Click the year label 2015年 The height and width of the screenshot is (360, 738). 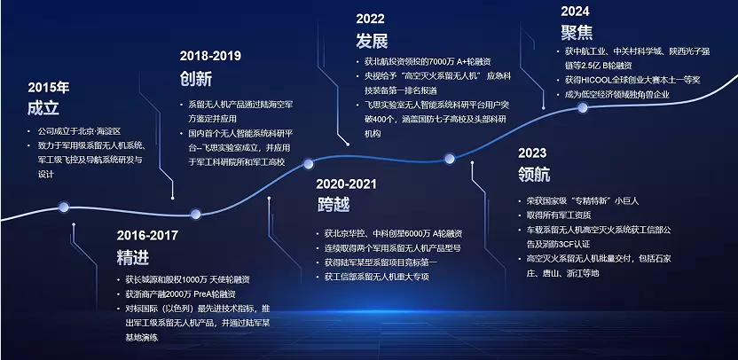coord(49,88)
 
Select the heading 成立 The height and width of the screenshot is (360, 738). coord(43,108)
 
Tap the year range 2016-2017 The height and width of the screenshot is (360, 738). coord(147,235)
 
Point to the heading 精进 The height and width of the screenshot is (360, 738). coord(133,257)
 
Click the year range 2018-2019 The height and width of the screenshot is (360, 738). coord(210,56)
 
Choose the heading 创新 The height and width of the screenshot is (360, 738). coord(196,78)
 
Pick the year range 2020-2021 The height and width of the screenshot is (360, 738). coord(347,184)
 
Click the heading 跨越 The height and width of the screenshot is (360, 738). coord(333,205)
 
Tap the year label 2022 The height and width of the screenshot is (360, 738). coord(370,19)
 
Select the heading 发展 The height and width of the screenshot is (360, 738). coord(372,41)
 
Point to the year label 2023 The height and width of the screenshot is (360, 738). coord(532,153)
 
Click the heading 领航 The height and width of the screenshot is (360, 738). coord(534,175)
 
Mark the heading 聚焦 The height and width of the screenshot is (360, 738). coord(577,33)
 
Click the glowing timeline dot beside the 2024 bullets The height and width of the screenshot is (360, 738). coord(583,107)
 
